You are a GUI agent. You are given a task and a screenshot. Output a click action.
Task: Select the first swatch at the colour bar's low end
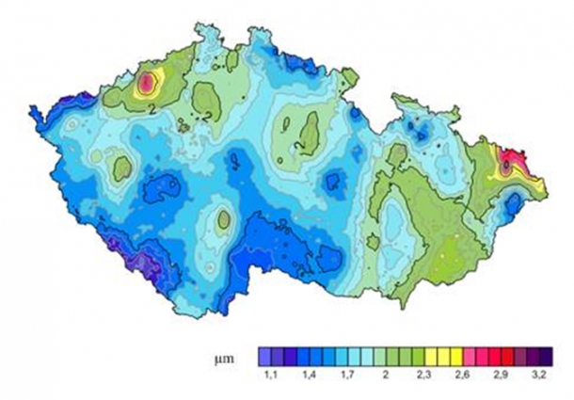264,357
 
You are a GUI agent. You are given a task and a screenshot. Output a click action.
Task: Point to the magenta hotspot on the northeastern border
509,162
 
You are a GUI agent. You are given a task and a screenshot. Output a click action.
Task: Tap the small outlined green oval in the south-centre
224,220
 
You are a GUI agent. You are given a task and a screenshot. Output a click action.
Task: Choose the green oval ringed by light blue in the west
121,168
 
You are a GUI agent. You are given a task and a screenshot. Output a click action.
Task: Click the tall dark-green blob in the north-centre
309,135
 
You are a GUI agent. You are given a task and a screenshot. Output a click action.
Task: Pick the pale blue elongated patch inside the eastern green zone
394,227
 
